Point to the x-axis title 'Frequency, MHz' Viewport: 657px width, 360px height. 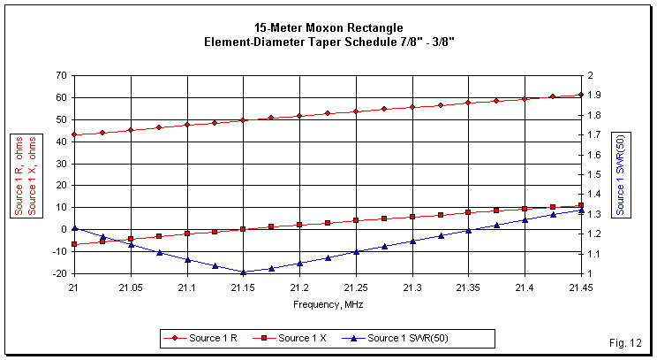click(328, 303)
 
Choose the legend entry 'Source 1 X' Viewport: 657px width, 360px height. click(301, 338)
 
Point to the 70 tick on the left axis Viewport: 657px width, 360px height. click(60, 76)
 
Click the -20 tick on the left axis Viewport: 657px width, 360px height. click(58, 273)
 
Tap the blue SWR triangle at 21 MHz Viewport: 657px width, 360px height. click(75, 228)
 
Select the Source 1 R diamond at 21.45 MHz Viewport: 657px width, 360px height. click(580, 95)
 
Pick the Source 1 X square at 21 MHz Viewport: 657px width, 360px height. click(75, 244)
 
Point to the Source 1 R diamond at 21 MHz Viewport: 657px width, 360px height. click(75, 134)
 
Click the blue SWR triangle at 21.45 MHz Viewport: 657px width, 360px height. click(580, 211)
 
